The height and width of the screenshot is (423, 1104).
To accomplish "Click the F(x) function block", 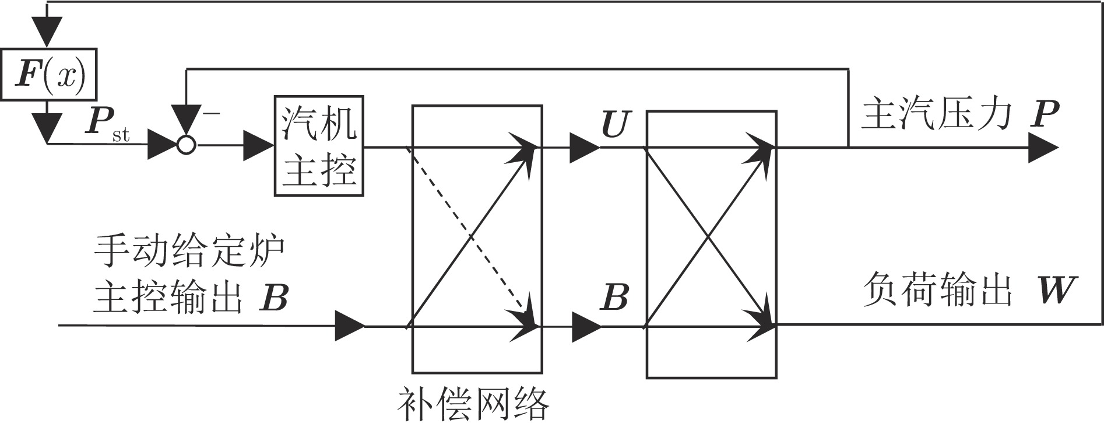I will (48, 74).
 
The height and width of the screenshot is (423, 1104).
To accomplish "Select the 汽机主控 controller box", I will (319, 146).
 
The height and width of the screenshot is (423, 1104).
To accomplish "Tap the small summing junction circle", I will (186, 145).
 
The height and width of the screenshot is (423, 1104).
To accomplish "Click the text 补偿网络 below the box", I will (473, 404).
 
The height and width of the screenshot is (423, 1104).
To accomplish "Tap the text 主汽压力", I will (936, 114).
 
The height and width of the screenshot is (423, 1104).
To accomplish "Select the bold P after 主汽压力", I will (1043, 114).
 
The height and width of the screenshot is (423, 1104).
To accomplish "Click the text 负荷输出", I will (936, 289).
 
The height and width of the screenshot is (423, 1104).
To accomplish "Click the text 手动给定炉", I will (189, 251).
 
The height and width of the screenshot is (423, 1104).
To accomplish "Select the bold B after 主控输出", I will (273, 297).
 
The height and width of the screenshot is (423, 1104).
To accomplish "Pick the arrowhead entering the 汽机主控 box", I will (259, 145).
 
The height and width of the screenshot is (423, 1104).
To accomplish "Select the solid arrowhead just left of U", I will (583, 148).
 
